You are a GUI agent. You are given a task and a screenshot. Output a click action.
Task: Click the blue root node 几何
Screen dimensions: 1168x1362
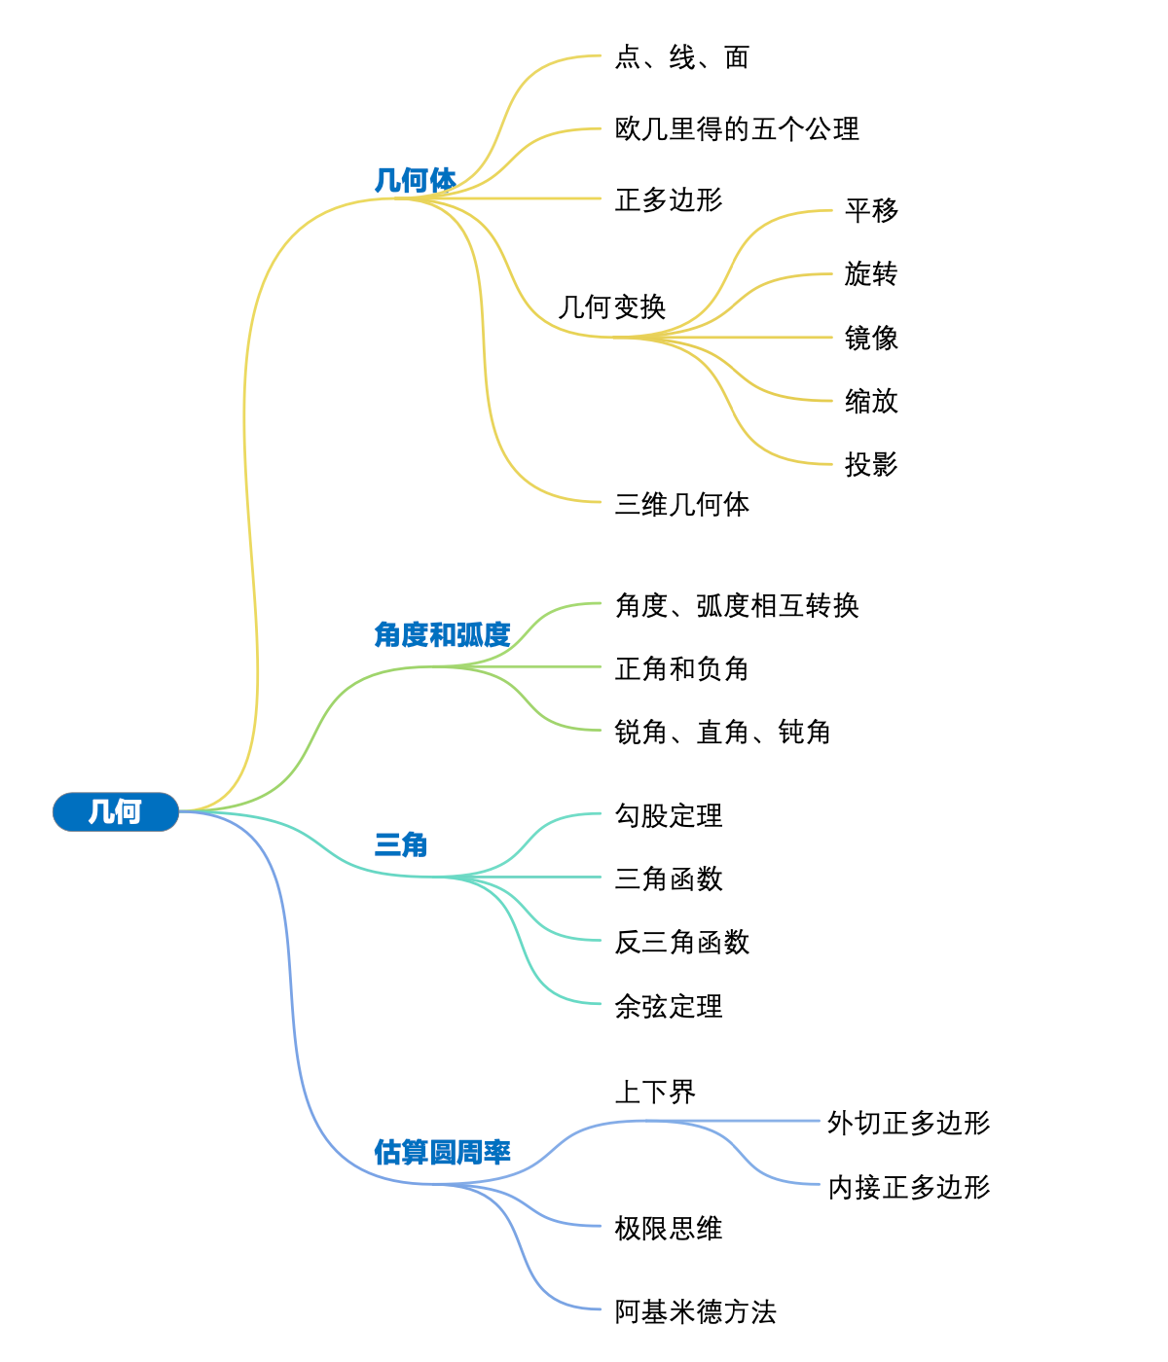115,811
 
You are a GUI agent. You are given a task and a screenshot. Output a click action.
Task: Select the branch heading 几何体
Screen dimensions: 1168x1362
416,180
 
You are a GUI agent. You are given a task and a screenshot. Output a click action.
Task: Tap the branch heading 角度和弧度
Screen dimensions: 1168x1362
442,634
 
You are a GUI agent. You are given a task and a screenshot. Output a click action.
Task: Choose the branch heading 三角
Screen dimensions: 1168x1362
401,844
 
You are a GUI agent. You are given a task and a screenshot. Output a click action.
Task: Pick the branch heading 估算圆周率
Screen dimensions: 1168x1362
442,1152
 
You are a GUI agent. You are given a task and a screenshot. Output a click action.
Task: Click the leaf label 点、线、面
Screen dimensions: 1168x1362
681,58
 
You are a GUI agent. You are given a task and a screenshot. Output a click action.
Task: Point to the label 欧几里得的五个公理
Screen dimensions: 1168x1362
737,129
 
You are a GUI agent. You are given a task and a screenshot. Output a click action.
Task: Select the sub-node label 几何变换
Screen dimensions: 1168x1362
612,307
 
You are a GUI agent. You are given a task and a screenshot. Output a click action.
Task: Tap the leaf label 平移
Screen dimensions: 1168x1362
871,210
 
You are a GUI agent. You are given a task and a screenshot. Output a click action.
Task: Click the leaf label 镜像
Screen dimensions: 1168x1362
871,339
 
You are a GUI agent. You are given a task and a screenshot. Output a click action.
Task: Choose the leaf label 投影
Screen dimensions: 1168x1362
871,465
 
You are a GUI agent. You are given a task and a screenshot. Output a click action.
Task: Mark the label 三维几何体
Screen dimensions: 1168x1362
681,505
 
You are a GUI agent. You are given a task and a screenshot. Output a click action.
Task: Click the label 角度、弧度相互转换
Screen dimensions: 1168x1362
737,606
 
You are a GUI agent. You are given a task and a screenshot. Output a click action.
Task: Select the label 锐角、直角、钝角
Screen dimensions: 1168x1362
722,733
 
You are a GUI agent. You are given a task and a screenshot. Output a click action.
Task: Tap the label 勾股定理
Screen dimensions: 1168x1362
669,816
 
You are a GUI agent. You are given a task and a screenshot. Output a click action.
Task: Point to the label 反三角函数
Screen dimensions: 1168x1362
681,943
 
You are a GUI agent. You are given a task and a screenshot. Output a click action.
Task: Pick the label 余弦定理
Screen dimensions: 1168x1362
669,1007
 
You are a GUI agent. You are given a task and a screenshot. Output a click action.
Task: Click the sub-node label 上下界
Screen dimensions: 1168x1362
655,1093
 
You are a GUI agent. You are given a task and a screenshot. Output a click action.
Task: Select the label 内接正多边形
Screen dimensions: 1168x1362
909,1188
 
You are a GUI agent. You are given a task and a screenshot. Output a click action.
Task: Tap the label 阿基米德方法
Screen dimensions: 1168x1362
695,1312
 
